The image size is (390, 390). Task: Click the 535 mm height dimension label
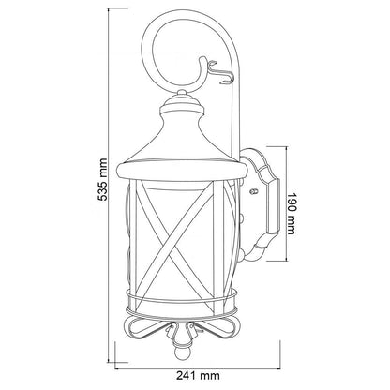pos(102,180)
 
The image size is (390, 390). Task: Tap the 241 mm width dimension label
pos(198,375)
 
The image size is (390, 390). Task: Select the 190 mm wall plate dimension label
pos(291,214)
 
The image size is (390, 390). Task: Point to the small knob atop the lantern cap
pos(181,93)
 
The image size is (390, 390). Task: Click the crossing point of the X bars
pos(178,241)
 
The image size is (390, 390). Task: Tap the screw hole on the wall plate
pos(254,190)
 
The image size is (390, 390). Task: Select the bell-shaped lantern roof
pos(181,138)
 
